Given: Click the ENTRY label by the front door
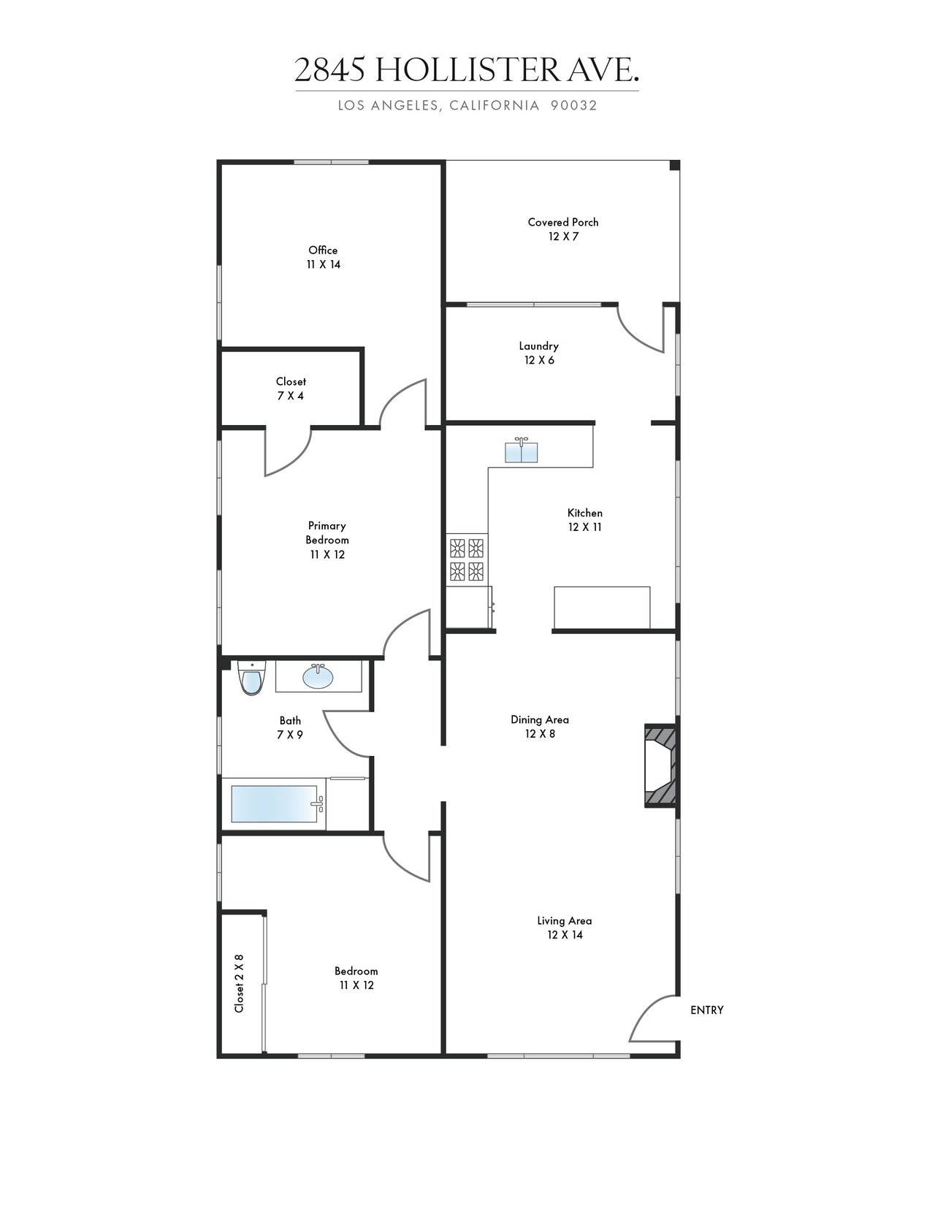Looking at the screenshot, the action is [706, 1010].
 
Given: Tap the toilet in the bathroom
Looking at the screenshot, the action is [251, 678].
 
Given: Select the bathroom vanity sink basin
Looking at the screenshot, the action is [318, 676].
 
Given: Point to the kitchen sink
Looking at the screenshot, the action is [521, 450].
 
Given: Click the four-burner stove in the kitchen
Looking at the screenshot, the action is [466, 559].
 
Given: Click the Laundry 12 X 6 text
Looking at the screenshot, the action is [539, 353].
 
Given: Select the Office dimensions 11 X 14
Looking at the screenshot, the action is [323, 264].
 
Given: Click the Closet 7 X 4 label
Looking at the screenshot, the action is [290, 389].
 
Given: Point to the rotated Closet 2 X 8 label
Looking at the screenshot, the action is [239, 983].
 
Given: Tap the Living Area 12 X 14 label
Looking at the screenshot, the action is [565, 928].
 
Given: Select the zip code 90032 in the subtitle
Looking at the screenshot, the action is [574, 105].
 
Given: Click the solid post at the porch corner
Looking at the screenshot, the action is [674, 165].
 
